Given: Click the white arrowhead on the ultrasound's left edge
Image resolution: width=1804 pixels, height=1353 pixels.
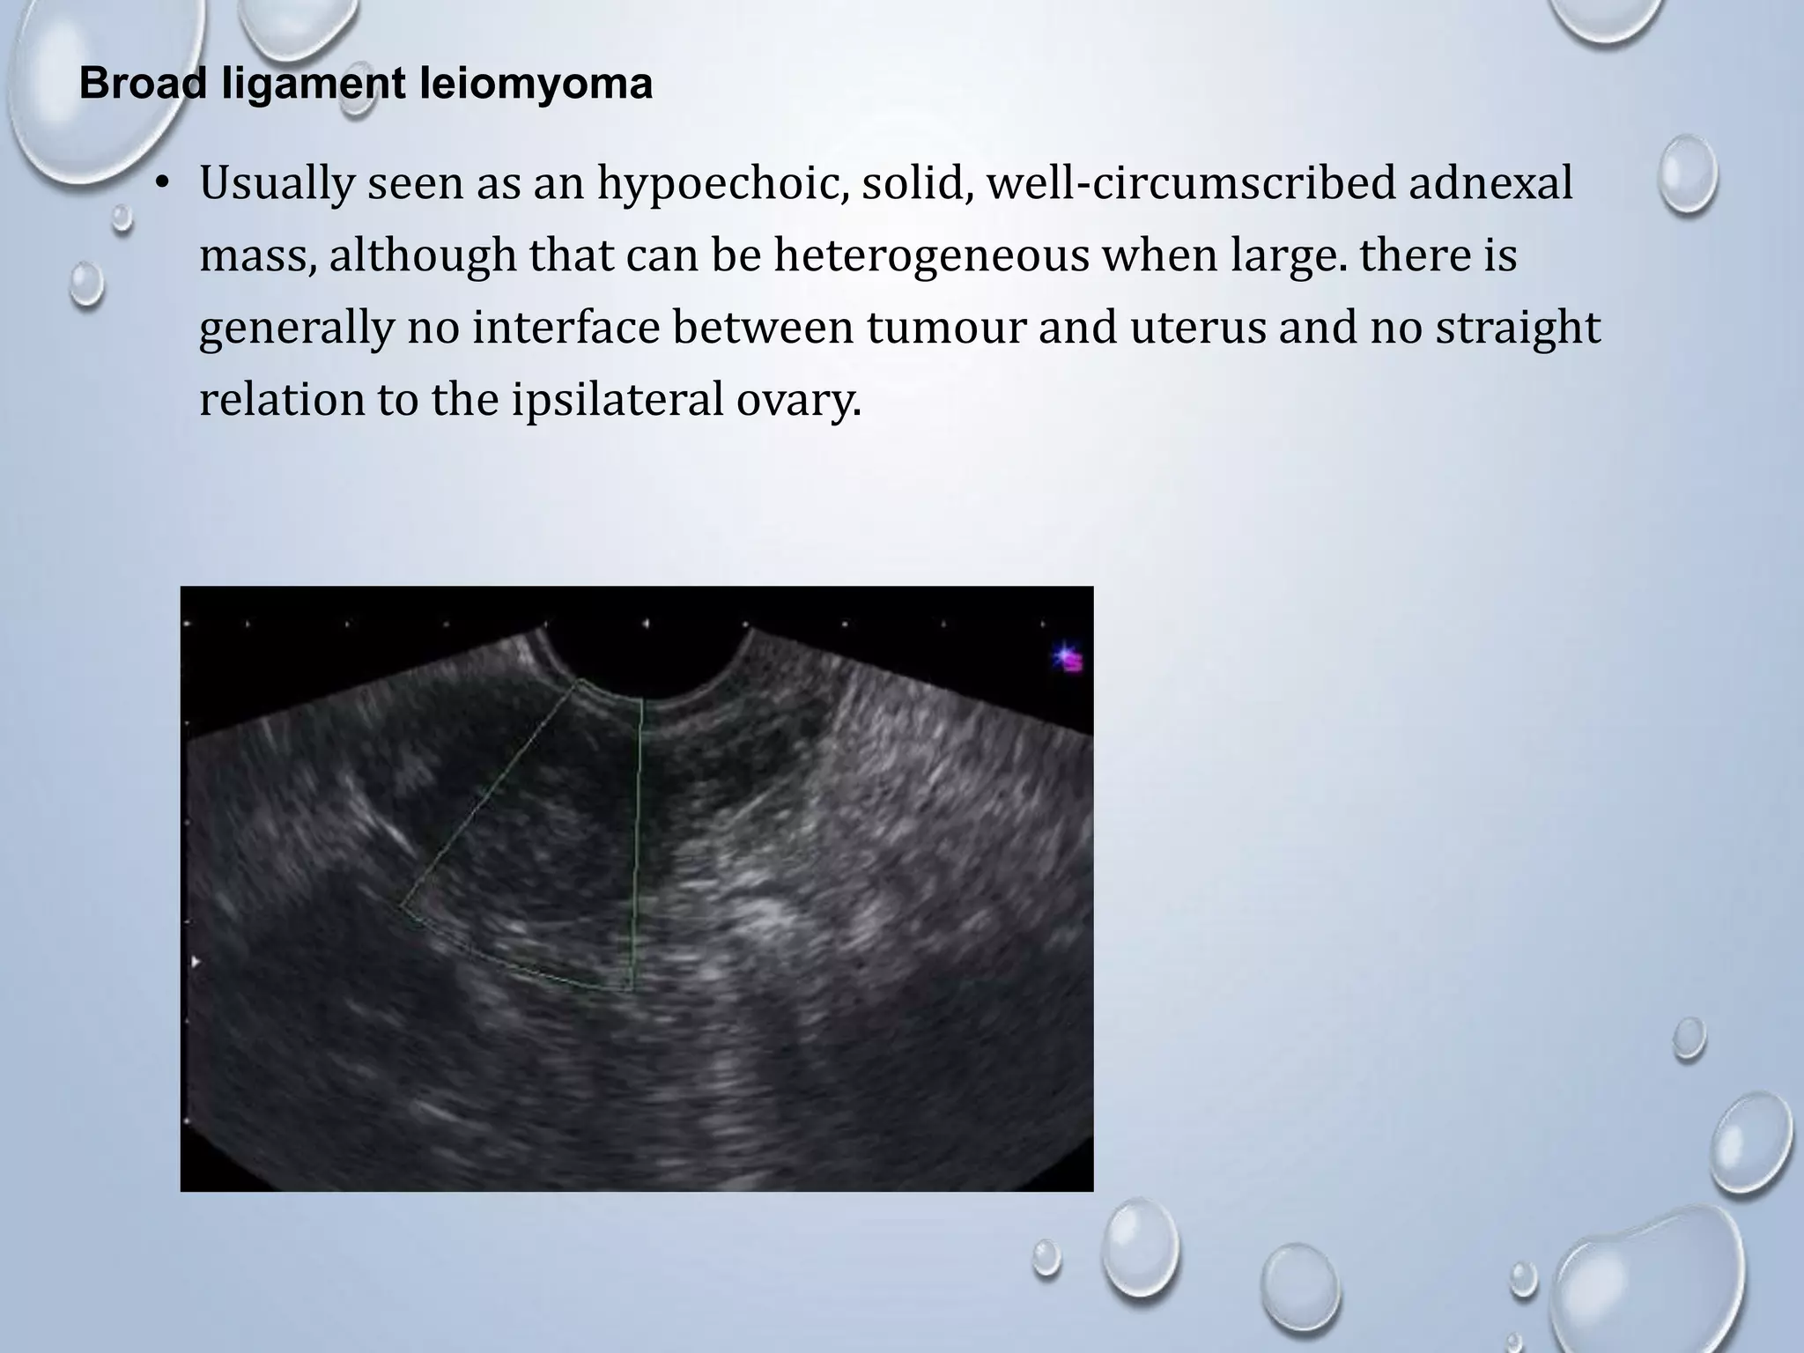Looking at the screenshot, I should coord(196,962).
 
